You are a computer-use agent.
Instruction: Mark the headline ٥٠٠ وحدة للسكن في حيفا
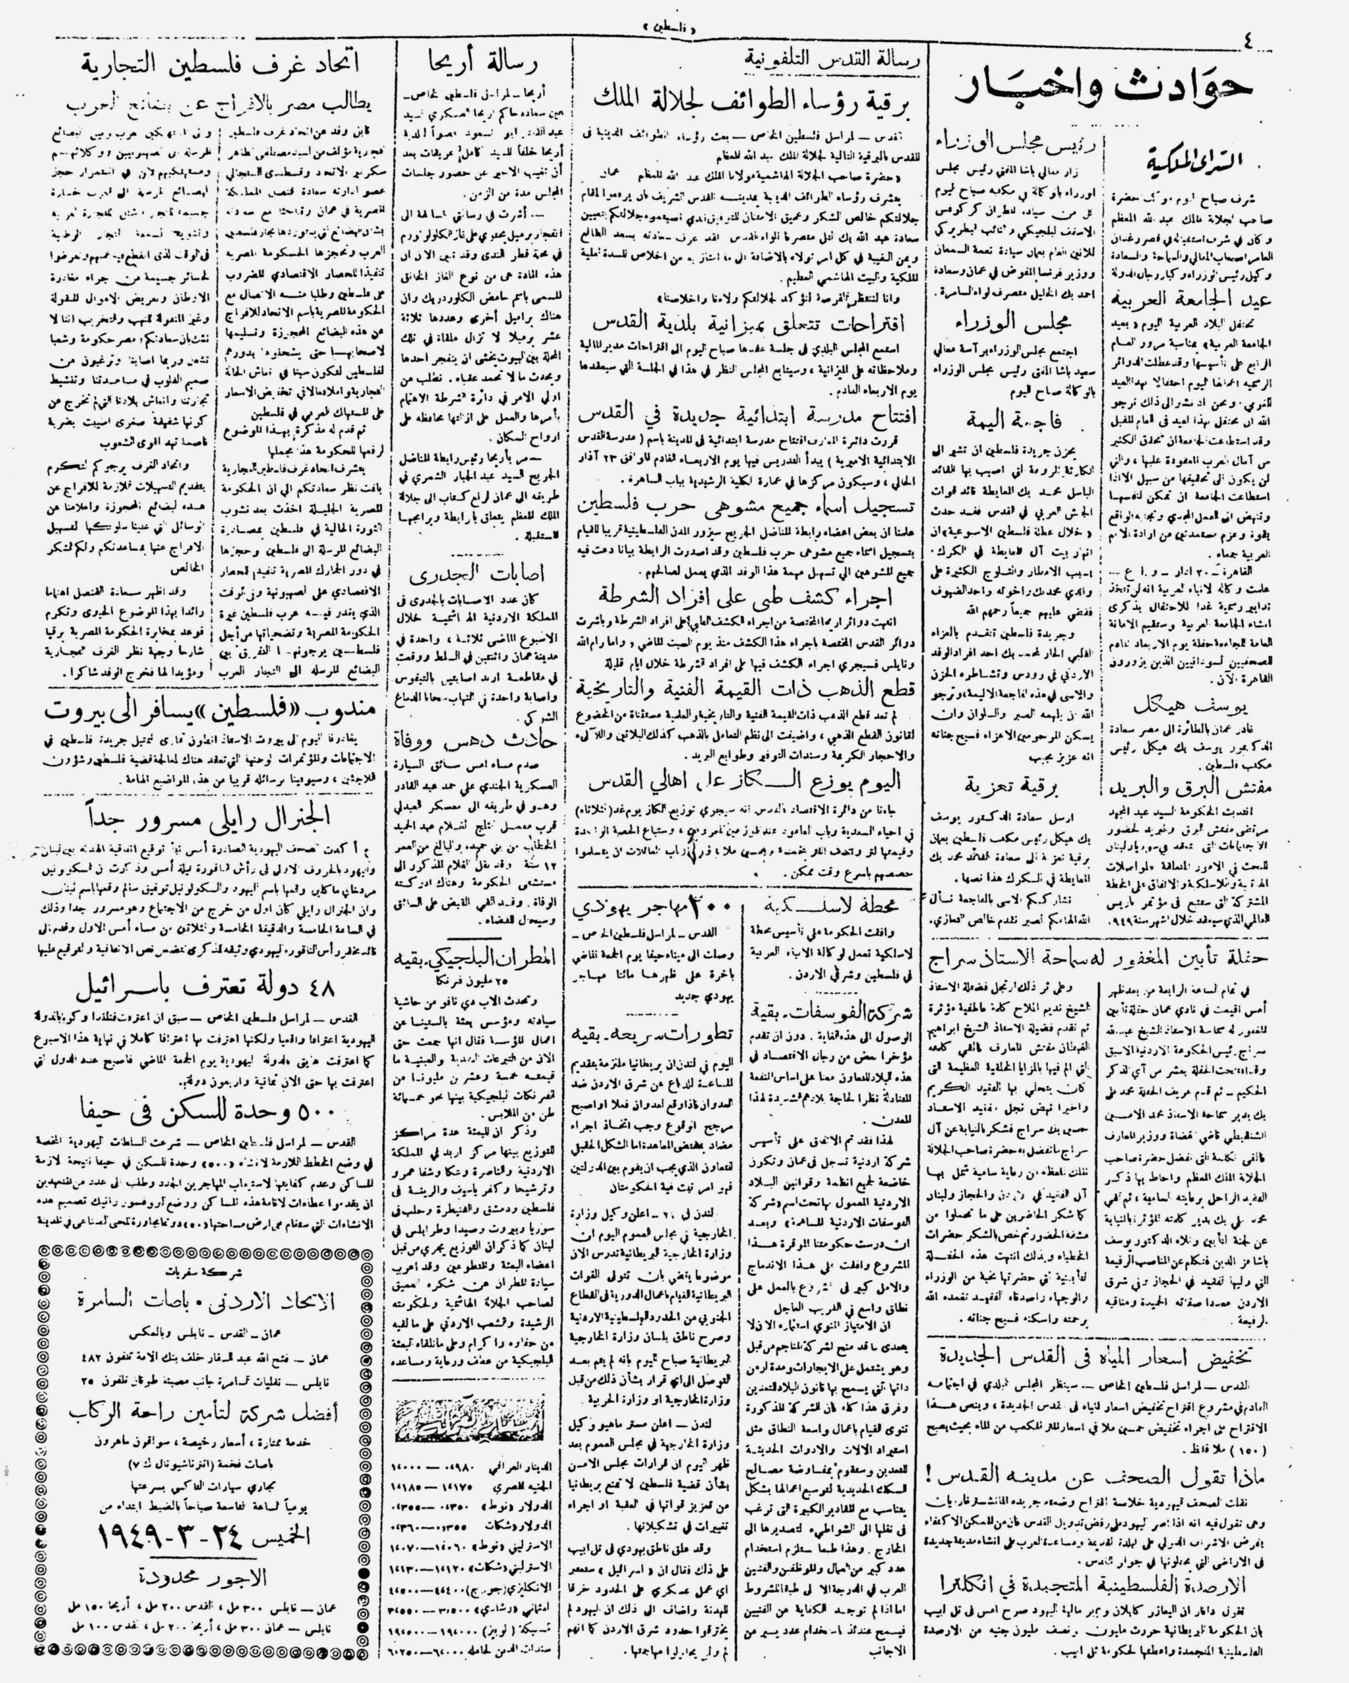tap(207, 1109)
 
